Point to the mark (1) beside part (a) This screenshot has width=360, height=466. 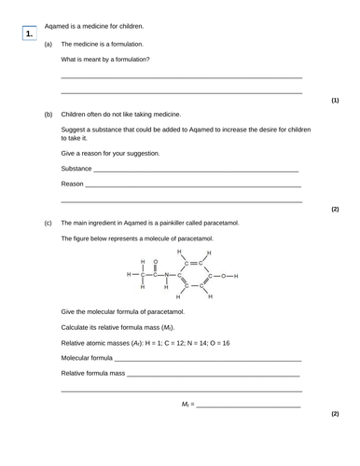335,100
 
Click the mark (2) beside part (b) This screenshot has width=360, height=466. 335,209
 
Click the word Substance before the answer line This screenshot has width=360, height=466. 76,169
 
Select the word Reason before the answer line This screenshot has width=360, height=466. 72,185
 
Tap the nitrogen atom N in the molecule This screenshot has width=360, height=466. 168,276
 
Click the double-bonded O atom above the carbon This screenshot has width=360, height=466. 156,262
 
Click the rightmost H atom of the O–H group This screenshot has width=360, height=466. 237,276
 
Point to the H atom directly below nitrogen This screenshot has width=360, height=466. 168,288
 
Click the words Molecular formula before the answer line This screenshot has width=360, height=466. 88,358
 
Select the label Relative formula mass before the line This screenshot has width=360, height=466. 92,373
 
